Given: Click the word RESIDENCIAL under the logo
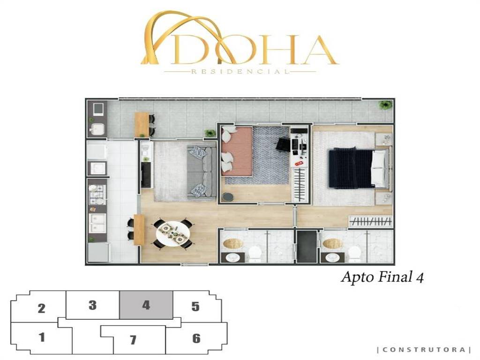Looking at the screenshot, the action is pyautogui.click(x=240, y=72).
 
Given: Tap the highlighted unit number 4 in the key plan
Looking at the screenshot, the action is pyautogui.click(x=146, y=305).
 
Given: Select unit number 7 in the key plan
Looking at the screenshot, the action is pyautogui.click(x=133, y=340).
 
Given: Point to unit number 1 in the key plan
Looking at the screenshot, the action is pyautogui.click(x=42, y=337).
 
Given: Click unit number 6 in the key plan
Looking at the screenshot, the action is pyautogui.click(x=196, y=338).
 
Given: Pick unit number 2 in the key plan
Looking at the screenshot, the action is pyautogui.click(x=42, y=308).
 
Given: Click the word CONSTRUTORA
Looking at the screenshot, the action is pyautogui.click(x=424, y=350).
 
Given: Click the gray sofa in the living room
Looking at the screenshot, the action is pyautogui.click(x=201, y=172).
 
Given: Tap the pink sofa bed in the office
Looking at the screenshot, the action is pyautogui.click(x=236, y=151).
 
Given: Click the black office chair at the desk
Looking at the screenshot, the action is pyautogui.click(x=283, y=144).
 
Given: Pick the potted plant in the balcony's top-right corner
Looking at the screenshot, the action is pyautogui.click(x=385, y=105).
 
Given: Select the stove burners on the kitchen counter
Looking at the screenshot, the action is pyautogui.click(x=97, y=195).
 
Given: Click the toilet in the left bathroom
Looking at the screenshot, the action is pyautogui.click(x=255, y=254).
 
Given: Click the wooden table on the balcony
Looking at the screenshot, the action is pyautogui.click(x=142, y=125).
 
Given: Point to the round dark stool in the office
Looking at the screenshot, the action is pyautogui.click(x=228, y=197).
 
